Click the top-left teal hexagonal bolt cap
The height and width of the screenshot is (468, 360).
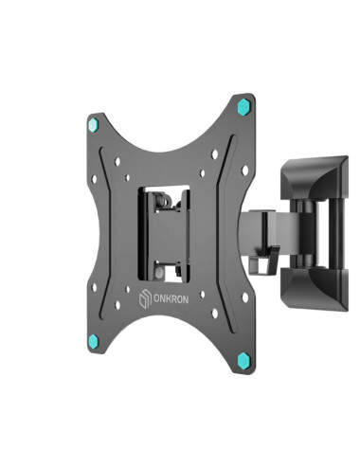coord(93,124)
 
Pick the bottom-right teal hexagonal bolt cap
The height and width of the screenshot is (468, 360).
coord(249,360)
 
